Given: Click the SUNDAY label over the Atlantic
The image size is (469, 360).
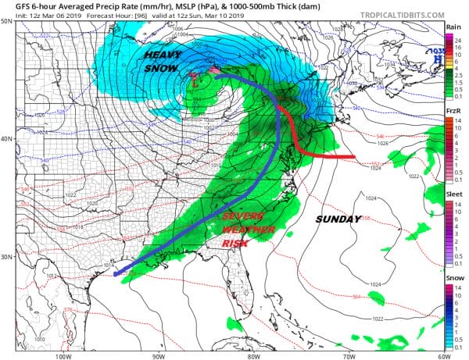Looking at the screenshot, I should (x=338, y=219).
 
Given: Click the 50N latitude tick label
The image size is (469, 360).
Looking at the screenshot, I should (x=6, y=21).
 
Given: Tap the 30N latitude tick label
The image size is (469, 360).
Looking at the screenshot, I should (x=6, y=257).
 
